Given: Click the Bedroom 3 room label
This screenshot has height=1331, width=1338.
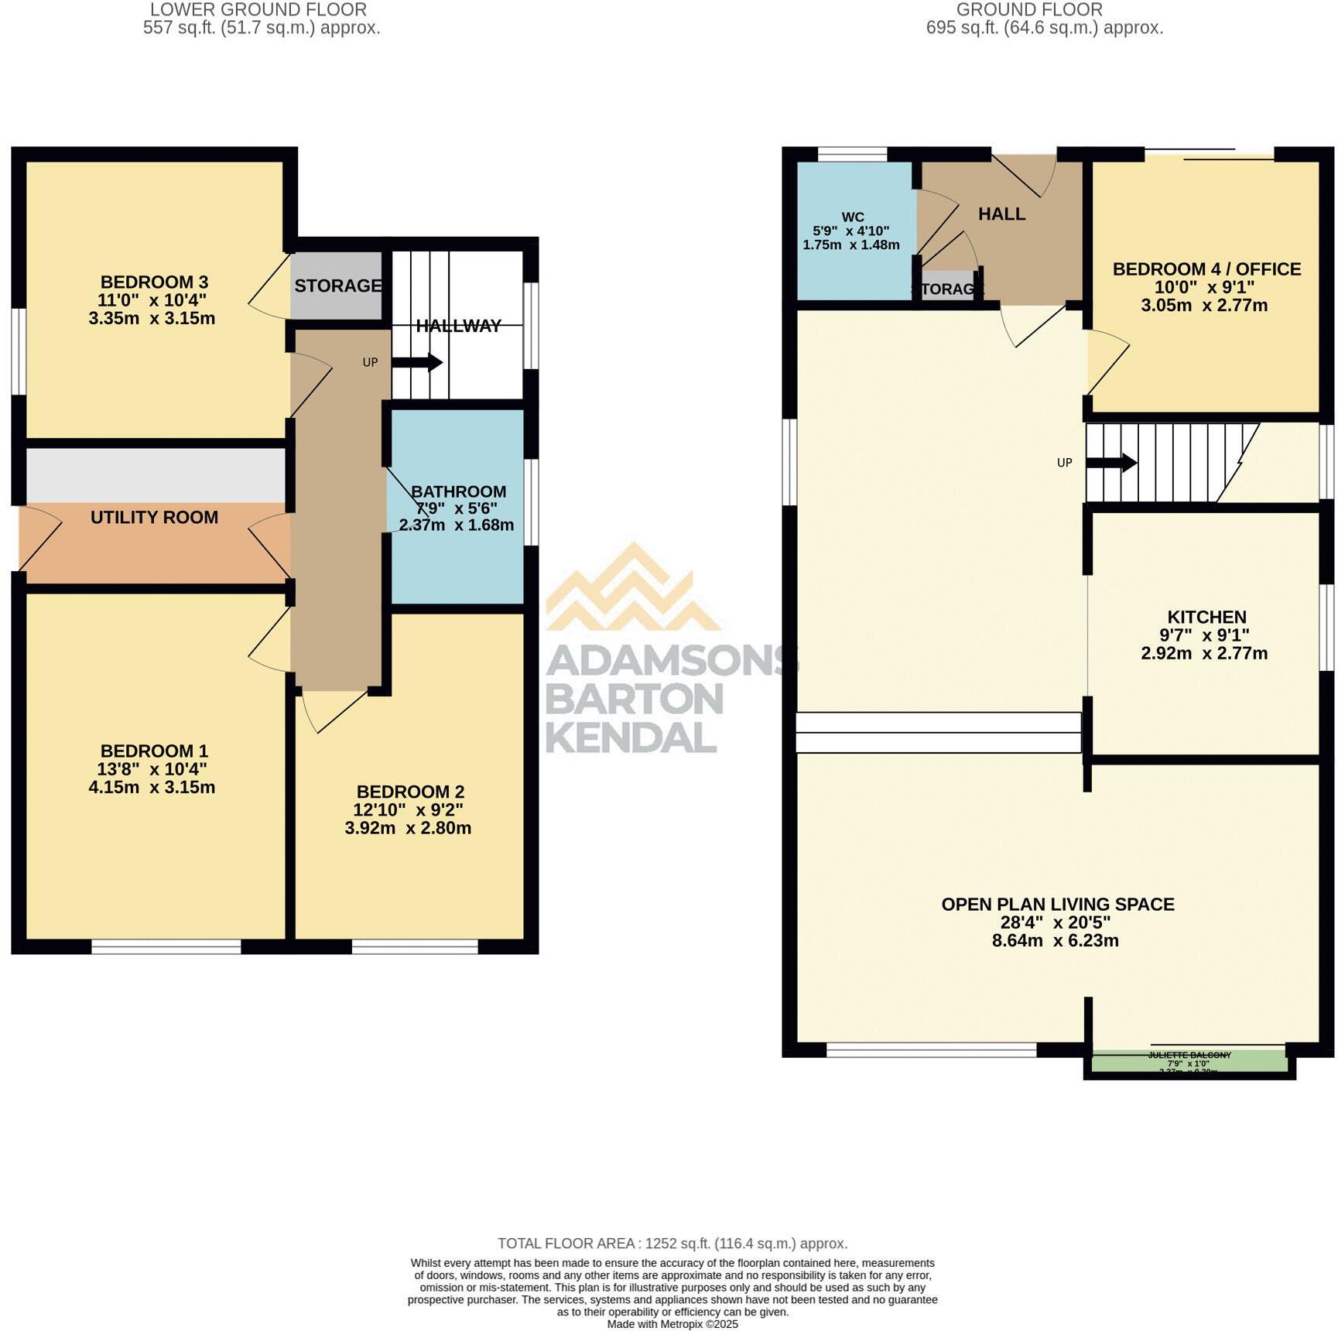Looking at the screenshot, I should (154, 282).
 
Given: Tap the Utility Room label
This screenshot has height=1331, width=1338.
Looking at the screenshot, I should (154, 518).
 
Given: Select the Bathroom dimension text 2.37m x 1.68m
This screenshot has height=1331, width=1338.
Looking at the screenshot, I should (456, 525).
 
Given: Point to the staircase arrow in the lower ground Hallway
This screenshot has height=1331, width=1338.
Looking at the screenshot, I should (417, 362).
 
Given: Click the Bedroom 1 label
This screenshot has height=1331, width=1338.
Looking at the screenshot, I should (154, 751).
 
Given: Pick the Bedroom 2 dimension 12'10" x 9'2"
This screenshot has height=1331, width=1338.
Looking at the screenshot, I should (408, 810).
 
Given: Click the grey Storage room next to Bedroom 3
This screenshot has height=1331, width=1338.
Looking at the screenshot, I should (337, 286).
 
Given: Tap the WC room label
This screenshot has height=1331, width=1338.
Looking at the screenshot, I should (853, 217).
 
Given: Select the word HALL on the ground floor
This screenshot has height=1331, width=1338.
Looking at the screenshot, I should (1001, 214).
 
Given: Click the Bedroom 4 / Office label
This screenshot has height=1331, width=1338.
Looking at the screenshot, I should (1206, 269).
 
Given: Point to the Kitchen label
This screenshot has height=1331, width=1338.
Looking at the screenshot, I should (1206, 618).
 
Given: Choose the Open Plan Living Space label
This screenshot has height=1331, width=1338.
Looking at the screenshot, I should (1057, 905).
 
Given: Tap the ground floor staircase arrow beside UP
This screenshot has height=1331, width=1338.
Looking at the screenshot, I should (1111, 464).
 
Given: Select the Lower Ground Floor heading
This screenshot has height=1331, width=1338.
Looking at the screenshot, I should (258, 10).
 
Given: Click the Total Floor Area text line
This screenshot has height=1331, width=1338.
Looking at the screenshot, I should (672, 1244).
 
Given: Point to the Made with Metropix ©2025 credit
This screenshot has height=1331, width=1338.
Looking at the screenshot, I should (672, 1324).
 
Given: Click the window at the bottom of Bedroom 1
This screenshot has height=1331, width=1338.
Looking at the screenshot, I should (166, 946).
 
